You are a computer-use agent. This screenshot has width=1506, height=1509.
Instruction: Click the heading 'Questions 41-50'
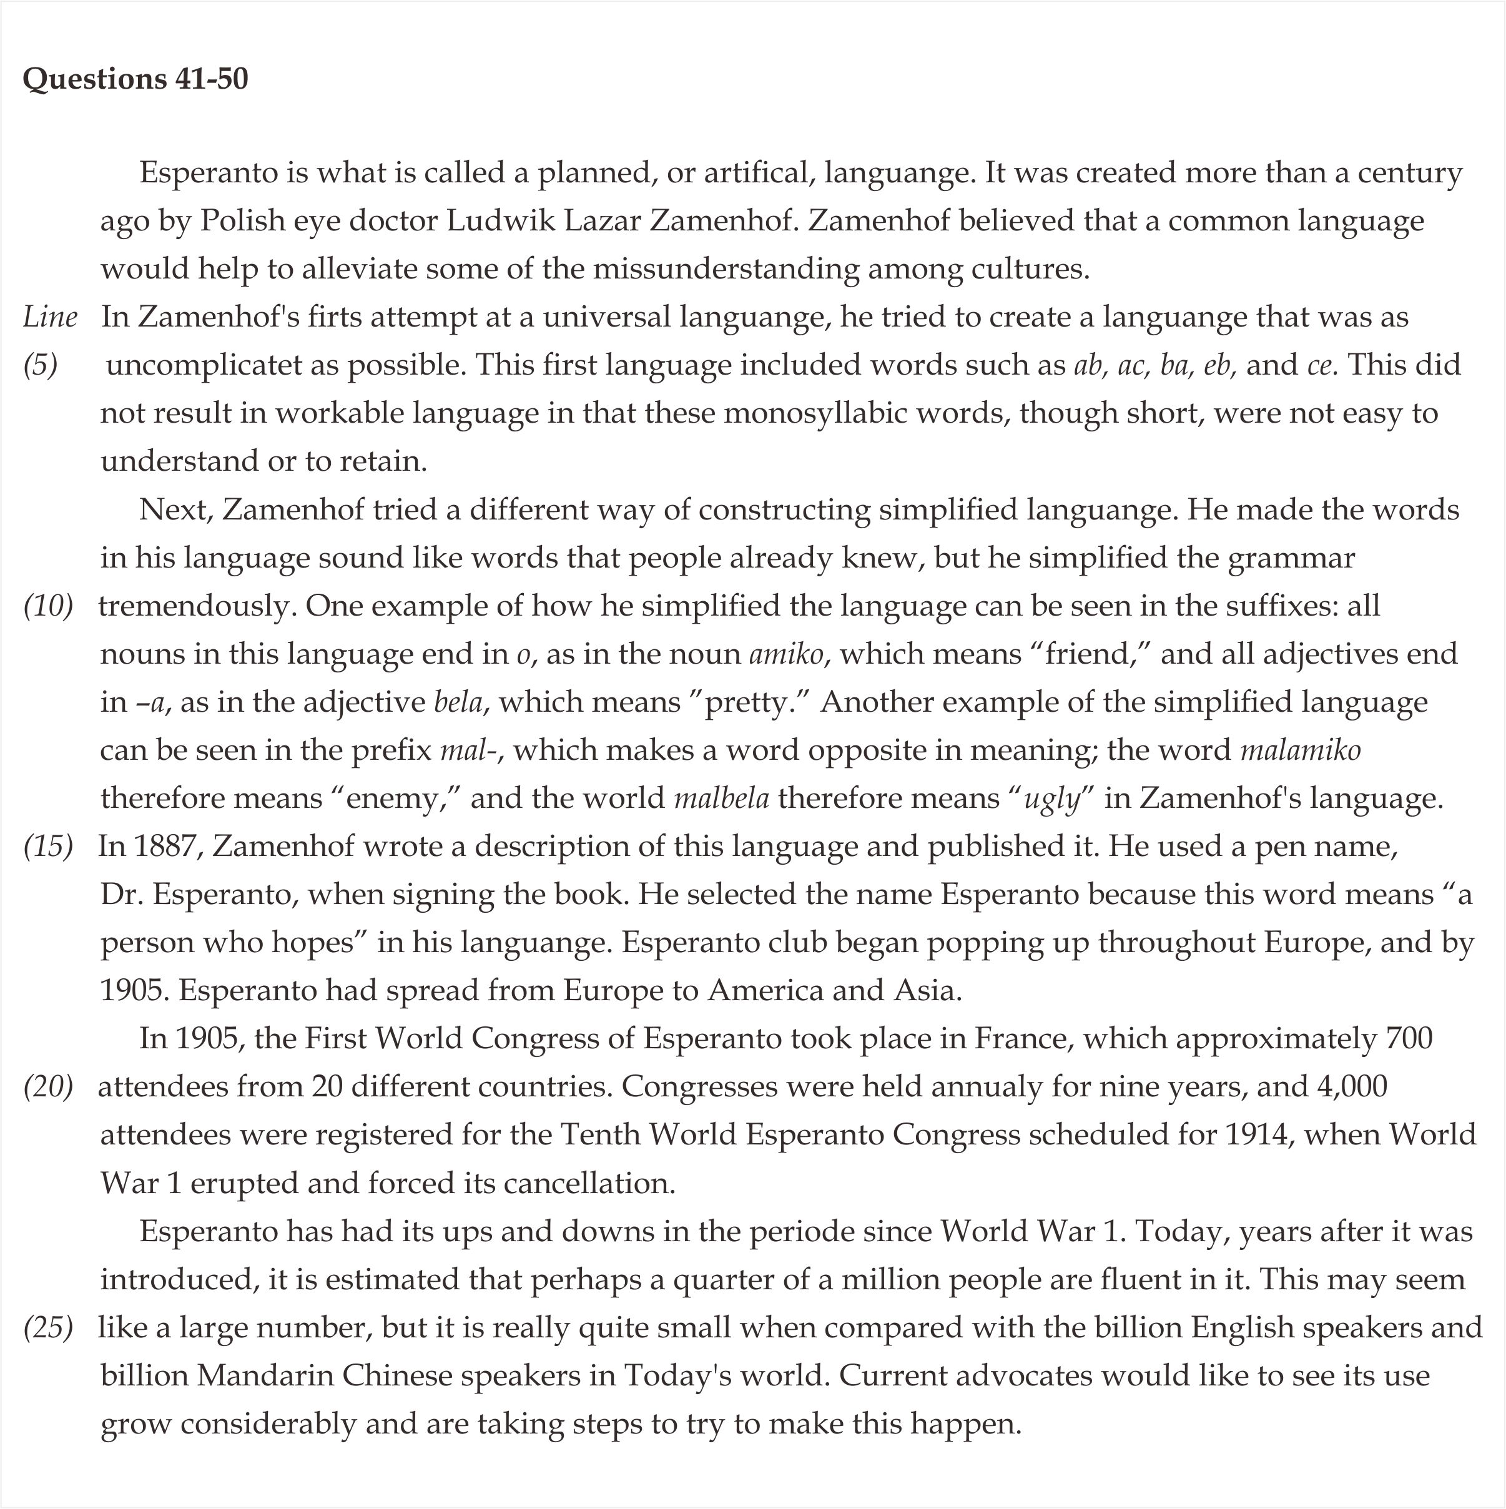135,79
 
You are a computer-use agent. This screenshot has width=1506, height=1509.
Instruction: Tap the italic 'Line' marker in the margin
50,317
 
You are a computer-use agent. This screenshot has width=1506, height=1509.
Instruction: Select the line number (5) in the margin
41,365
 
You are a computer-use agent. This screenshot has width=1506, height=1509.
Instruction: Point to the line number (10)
49,606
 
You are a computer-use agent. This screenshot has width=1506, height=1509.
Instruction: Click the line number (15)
49,847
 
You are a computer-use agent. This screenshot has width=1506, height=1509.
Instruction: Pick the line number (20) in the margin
49,1087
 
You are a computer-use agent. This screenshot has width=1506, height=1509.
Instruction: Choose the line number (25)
49,1328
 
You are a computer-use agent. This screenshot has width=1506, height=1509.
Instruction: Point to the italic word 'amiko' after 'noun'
786,654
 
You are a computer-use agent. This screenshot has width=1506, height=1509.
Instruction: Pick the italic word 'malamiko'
1301,750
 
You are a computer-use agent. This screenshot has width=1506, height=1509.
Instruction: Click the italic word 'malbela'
721,799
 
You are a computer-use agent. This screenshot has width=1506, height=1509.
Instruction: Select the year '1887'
169,847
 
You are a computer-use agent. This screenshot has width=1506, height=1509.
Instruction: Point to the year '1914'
1256,1135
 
